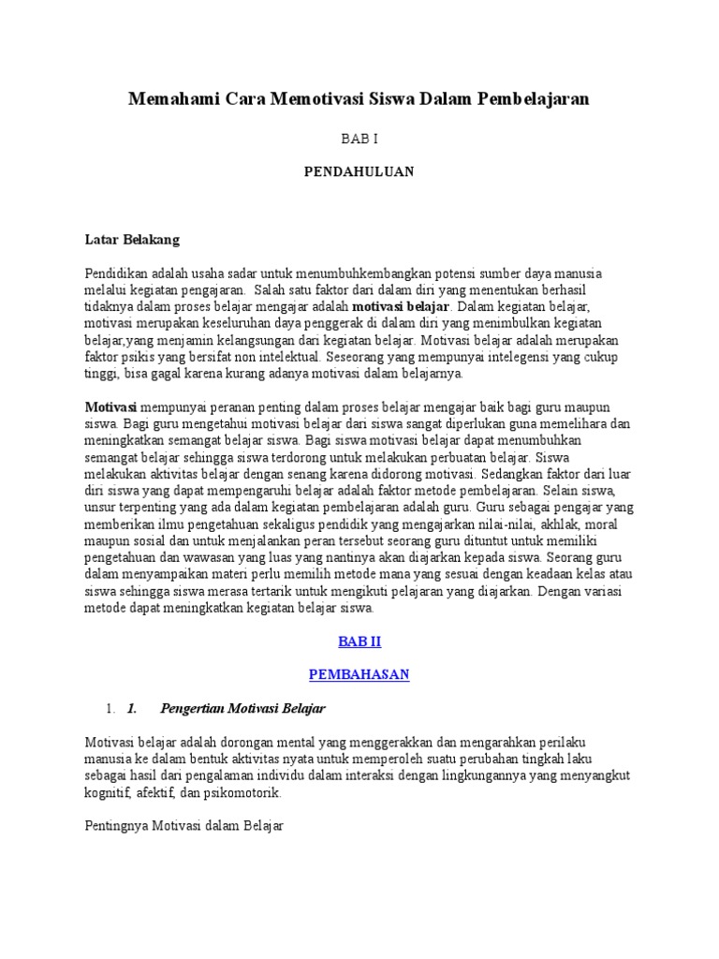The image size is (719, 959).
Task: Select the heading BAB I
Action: [x=359, y=138]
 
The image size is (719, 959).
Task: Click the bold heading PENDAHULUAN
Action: [x=359, y=171]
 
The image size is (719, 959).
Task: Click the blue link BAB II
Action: [x=359, y=642]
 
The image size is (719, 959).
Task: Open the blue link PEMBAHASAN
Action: [x=359, y=674]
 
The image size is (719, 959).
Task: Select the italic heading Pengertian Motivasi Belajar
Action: [x=242, y=707]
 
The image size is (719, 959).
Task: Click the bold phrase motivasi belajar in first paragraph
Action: [x=402, y=306]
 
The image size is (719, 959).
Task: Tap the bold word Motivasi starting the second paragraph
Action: [x=111, y=407]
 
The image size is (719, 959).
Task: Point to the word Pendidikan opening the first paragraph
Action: [x=117, y=273]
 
